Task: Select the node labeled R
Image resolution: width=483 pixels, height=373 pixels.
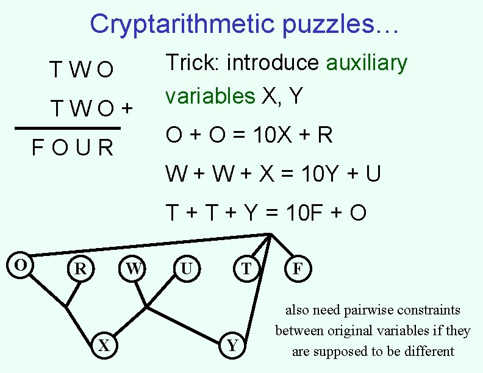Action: click(80, 268)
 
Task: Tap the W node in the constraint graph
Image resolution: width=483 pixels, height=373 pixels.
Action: click(134, 268)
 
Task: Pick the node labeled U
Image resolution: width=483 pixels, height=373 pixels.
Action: click(187, 268)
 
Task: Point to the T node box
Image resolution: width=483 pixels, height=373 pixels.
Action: click(246, 268)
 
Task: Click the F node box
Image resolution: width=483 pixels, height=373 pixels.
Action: click(298, 268)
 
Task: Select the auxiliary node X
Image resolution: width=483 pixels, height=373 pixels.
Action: click(104, 346)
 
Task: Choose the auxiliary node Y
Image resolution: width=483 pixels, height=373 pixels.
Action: click(232, 346)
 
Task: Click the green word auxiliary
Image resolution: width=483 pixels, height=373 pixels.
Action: click(367, 63)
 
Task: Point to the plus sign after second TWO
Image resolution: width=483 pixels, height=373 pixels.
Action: click(126, 109)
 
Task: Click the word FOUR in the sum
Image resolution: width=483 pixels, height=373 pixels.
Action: click(73, 148)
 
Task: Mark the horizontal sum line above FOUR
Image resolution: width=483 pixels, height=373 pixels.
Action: click(67, 129)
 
